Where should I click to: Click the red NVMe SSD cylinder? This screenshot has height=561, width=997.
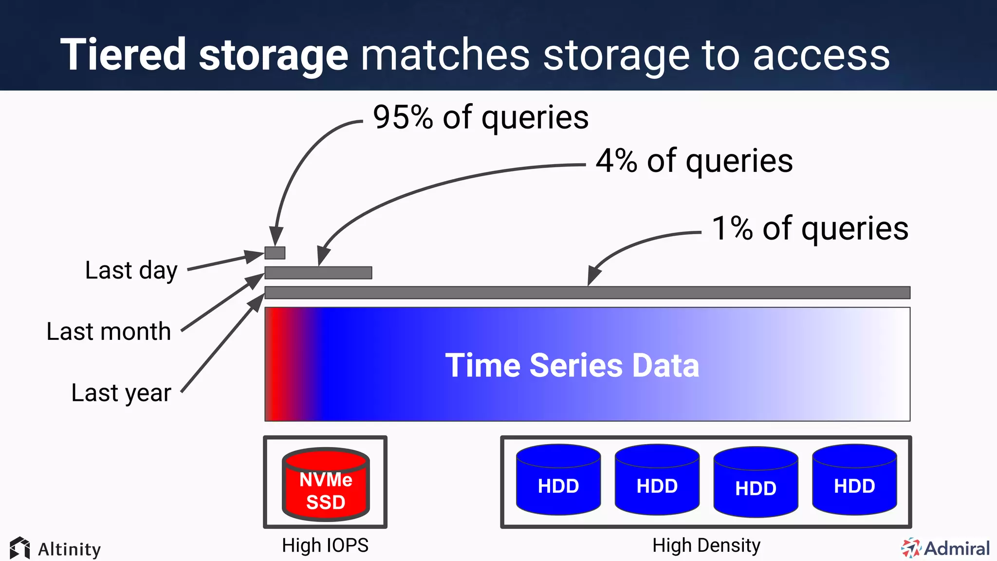pyautogui.click(x=326, y=485)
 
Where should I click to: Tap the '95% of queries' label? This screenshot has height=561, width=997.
pyautogui.click(x=480, y=117)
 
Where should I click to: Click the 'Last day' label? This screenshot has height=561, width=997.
pyautogui.click(x=131, y=271)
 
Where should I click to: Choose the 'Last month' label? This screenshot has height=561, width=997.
pyautogui.click(x=109, y=332)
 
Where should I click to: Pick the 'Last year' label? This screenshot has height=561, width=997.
pyautogui.click(x=121, y=393)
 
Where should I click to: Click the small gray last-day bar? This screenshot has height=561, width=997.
pyautogui.click(x=275, y=253)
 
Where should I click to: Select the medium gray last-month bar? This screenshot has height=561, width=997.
pyautogui.click(x=318, y=273)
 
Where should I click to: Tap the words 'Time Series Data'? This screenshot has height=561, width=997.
pyautogui.click(x=572, y=365)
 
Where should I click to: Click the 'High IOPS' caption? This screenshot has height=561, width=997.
pyautogui.click(x=325, y=545)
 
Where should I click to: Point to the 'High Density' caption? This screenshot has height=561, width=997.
pyautogui.click(x=706, y=545)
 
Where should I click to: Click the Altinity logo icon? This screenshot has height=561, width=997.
pyautogui.click(x=19, y=548)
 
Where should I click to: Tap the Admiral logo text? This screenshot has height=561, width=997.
pyautogui.click(x=957, y=549)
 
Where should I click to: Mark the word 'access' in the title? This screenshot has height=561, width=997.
pyautogui.click(x=821, y=56)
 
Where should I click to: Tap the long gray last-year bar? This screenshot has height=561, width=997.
pyautogui.click(x=587, y=293)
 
